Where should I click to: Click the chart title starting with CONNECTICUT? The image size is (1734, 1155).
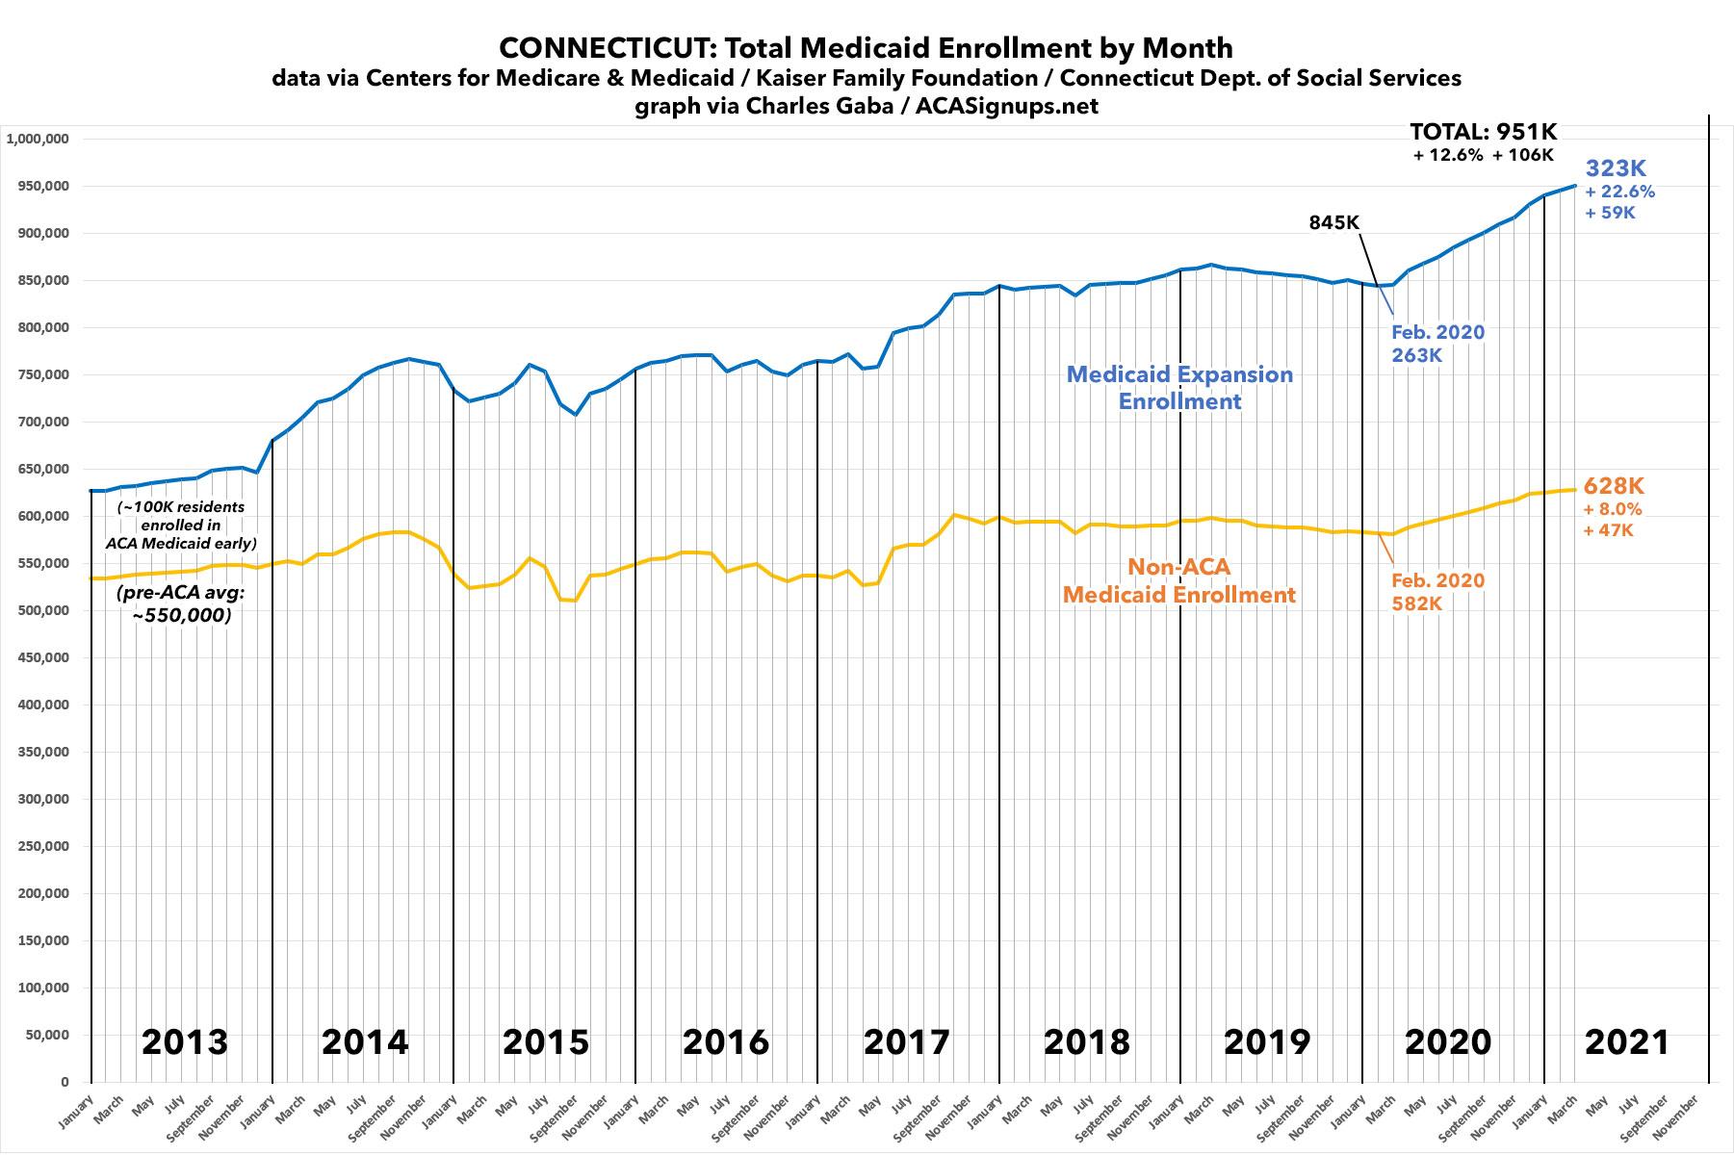pyautogui.click(x=866, y=48)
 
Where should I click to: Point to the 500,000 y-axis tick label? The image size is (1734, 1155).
pyautogui.click(x=41, y=610)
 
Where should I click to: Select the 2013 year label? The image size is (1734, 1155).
pyautogui.click(x=184, y=1041)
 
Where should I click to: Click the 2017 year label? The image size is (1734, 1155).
pyautogui.click(x=906, y=1041)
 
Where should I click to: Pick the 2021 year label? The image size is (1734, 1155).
pyautogui.click(x=1627, y=1041)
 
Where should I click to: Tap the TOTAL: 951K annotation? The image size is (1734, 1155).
pyautogui.click(x=1483, y=132)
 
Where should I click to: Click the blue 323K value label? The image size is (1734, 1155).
pyautogui.click(x=1616, y=168)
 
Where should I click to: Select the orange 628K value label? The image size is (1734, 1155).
pyautogui.click(x=1613, y=487)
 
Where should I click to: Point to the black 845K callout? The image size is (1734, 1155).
pyautogui.click(x=1334, y=222)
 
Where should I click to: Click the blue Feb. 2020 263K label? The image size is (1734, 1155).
pyautogui.click(x=1437, y=344)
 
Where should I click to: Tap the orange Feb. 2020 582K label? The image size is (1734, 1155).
pyautogui.click(x=1437, y=592)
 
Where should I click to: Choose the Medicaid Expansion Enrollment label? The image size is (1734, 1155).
pyautogui.click(x=1179, y=388)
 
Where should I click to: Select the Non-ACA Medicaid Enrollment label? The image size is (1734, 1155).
pyautogui.click(x=1179, y=580)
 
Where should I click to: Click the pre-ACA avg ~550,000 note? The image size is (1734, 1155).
pyautogui.click(x=181, y=603)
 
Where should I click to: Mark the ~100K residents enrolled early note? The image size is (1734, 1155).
pyautogui.click(x=181, y=525)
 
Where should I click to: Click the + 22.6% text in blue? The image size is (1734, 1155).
pyautogui.click(x=1619, y=192)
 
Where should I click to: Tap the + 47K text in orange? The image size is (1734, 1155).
pyautogui.click(x=1608, y=530)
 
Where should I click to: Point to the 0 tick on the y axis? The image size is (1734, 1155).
pyautogui.click(x=64, y=1082)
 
